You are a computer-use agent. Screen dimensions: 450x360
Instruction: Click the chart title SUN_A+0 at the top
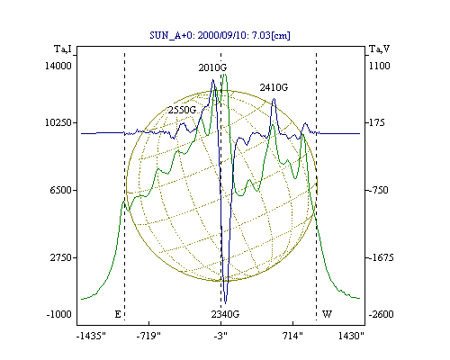(220, 35)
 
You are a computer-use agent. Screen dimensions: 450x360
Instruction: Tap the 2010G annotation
(212, 67)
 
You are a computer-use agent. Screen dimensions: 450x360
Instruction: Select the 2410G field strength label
(274, 87)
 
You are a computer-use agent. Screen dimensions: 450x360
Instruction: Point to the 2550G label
(182, 110)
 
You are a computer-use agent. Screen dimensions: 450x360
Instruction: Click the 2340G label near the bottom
(225, 314)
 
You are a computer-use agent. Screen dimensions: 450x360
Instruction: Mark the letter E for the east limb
(118, 314)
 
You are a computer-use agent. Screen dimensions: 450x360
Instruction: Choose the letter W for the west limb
(327, 314)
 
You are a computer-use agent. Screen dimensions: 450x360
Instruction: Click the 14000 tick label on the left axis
(58, 66)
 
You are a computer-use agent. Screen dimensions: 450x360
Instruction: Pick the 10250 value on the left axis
(58, 122)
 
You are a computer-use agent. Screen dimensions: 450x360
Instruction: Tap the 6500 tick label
(61, 190)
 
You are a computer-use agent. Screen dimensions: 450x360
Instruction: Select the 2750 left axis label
(61, 257)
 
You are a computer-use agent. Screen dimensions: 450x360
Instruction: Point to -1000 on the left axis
(59, 314)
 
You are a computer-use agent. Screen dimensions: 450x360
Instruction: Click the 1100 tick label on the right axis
(380, 66)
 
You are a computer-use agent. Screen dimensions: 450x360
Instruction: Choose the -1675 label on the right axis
(381, 257)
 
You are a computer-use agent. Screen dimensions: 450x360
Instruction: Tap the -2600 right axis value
(381, 314)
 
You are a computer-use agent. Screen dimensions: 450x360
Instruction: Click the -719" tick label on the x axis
(148, 336)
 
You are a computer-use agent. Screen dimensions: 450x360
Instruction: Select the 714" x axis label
(293, 336)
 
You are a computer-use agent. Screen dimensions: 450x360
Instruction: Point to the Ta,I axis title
(63, 49)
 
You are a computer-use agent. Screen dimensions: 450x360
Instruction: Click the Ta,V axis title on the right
(380, 49)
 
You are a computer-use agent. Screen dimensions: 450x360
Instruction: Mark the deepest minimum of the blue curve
(226, 303)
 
